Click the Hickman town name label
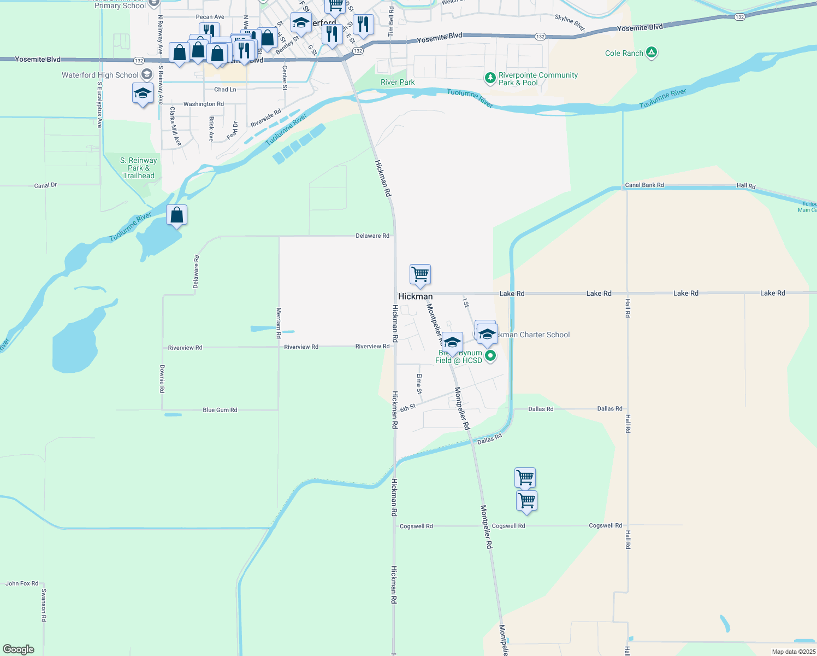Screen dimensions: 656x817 (x=415, y=296)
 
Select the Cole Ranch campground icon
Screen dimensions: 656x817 (x=651, y=53)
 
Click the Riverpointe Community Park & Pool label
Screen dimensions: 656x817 (x=538, y=79)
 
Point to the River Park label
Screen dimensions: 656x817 (x=398, y=83)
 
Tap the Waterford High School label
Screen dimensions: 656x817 (x=100, y=75)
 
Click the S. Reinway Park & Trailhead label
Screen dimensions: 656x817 (x=139, y=168)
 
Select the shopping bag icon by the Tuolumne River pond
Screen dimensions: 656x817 (x=177, y=215)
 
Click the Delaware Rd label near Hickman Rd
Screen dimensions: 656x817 (x=372, y=236)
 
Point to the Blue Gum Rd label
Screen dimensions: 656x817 (x=220, y=410)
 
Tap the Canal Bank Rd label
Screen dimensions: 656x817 (x=644, y=185)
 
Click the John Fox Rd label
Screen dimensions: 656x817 (x=22, y=583)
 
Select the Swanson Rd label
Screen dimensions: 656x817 (x=44, y=605)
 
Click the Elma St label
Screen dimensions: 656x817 (x=419, y=384)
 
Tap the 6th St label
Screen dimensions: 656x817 (x=408, y=408)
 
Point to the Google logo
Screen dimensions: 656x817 (x=19, y=649)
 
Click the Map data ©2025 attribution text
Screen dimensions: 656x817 (x=793, y=652)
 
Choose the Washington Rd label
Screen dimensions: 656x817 (x=203, y=104)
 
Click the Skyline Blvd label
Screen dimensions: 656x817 (x=569, y=22)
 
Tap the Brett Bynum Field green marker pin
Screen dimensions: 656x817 (x=490, y=356)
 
